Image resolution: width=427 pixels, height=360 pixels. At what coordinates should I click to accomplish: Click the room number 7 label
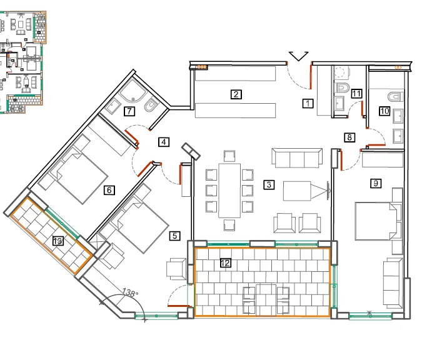(x=129, y=111)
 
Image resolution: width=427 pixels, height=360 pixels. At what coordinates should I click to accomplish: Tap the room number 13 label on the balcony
(x=58, y=241)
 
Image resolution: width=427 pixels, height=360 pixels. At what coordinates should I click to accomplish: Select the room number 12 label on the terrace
(x=226, y=262)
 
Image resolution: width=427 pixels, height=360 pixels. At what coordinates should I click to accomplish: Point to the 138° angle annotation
(x=130, y=292)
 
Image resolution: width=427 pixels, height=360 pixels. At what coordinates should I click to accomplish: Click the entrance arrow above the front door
(x=298, y=56)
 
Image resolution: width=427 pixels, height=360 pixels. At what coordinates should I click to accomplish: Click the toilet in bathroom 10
(x=395, y=97)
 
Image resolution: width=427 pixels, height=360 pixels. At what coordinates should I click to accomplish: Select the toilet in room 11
(x=343, y=87)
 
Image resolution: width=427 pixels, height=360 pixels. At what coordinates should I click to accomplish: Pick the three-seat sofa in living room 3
(x=297, y=158)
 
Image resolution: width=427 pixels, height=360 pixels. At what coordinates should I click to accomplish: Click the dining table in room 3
(x=229, y=191)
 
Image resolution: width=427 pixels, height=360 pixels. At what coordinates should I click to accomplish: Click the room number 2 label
(x=236, y=94)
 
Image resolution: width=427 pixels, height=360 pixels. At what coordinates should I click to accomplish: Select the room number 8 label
(x=349, y=137)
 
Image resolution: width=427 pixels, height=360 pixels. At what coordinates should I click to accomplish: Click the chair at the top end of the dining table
(x=229, y=156)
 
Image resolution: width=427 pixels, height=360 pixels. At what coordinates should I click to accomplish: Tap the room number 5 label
(x=174, y=236)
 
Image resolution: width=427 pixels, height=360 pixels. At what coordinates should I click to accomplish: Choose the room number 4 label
(x=164, y=142)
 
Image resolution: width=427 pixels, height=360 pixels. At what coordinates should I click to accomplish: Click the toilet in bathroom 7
(x=151, y=106)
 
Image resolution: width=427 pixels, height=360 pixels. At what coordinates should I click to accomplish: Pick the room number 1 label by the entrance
(x=308, y=104)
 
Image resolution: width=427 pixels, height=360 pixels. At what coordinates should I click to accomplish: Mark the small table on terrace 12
(x=266, y=300)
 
